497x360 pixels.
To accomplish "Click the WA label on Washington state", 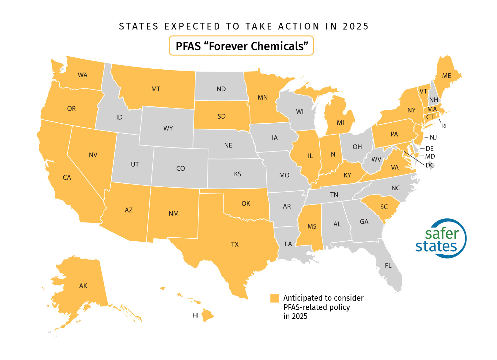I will click(83, 75).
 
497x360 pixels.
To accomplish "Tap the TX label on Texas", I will click(235, 244).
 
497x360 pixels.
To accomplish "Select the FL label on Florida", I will click(388, 266).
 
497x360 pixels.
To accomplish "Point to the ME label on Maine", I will click(446, 76).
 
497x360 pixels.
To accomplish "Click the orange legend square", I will click(274, 298).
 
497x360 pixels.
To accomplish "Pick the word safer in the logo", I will click(442, 234).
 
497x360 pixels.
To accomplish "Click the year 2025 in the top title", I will click(356, 27).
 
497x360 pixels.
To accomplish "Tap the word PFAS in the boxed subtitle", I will click(188, 46).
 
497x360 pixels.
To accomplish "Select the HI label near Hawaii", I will click(195, 315).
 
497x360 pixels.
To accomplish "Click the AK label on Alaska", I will click(83, 286).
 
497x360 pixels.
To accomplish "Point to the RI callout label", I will click(444, 126).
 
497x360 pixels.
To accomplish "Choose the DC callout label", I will click(430, 165).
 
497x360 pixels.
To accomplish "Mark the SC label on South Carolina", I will click(384, 207).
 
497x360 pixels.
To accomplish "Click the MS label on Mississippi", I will click(312, 226).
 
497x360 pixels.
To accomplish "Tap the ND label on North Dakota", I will click(221, 89).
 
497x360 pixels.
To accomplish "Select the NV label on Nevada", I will click(93, 155).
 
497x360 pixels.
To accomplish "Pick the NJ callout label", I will click(433, 137).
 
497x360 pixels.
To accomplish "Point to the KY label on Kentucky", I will click(347, 175).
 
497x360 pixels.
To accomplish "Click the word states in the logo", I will click(436, 247).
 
